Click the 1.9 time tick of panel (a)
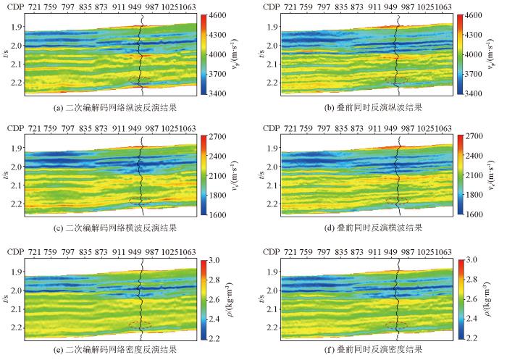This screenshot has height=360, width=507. [x=16, y=28]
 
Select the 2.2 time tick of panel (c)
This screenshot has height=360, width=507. [x=16, y=204]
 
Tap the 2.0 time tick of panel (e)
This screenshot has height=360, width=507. [x=16, y=290]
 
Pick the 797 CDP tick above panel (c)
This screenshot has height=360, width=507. [x=77, y=128]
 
